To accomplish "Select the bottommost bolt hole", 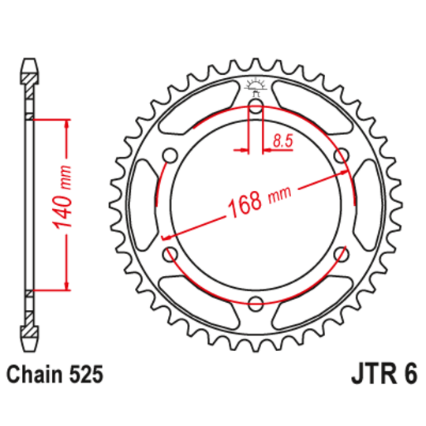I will pos(256,303).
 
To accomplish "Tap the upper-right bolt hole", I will pos(341,155).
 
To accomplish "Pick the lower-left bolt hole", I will pos(170,253).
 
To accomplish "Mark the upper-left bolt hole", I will pos(170,155).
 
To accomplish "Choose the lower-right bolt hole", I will pos(341,253).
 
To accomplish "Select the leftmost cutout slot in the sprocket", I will pos(145,204).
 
